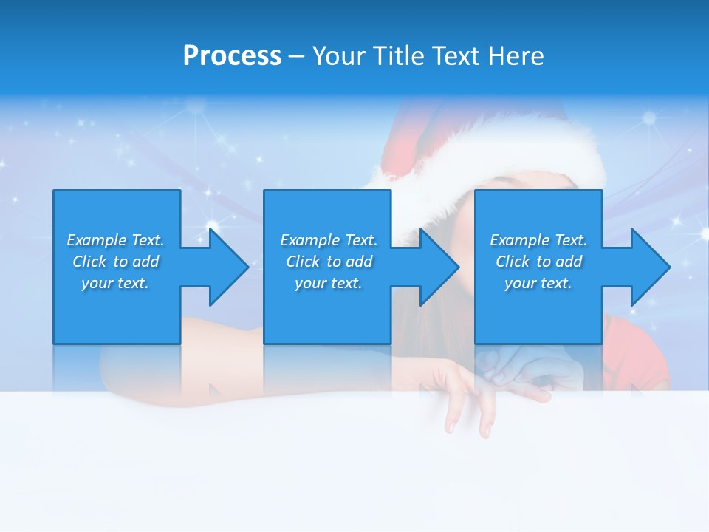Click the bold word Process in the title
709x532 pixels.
point(232,55)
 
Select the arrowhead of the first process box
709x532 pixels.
point(226,267)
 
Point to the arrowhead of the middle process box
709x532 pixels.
point(436,267)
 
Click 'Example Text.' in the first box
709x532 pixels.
point(115,240)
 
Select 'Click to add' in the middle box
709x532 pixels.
point(329,262)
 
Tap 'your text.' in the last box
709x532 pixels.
point(538,283)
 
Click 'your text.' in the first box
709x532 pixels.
point(115,283)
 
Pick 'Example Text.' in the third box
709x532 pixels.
point(538,240)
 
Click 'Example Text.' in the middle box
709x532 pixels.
point(329,240)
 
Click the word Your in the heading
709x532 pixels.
point(339,55)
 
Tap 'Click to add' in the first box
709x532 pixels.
point(115,262)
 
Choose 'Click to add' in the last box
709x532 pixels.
point(538,262)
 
